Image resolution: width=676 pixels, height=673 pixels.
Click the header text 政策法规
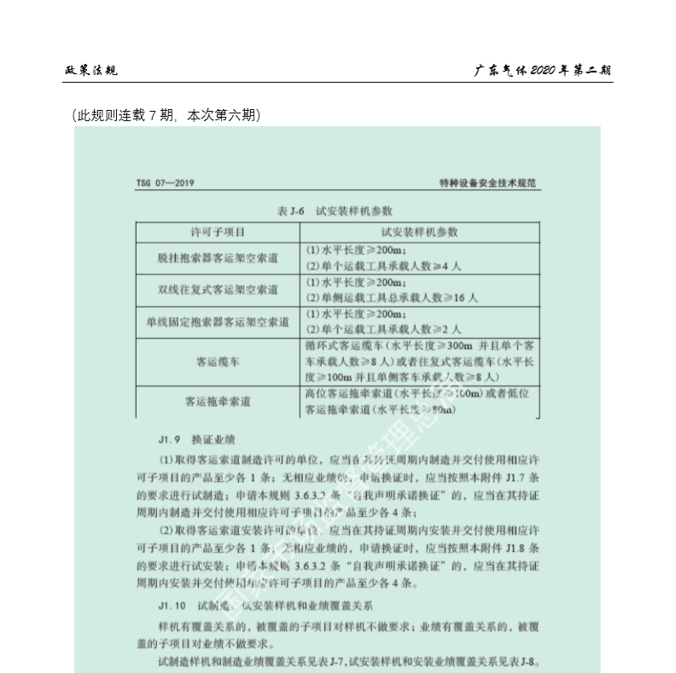point(91,70)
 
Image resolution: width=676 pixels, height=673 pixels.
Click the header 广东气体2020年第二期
point(543,70)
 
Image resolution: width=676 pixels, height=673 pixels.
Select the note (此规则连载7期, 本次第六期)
point(166,115)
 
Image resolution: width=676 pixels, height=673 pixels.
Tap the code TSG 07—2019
point(167,183)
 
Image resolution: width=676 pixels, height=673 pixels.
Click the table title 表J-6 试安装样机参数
point(335,210)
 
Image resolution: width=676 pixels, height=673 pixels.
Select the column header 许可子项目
point(218,231)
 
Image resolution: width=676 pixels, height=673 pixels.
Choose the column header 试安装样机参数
point(420,231)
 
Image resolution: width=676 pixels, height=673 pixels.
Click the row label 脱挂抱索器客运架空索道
point(218,258)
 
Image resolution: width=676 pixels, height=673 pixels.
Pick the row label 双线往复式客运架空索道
point(218,290)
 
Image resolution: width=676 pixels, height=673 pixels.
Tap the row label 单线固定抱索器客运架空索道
point(218,322)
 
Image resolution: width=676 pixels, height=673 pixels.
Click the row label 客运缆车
point(218,361)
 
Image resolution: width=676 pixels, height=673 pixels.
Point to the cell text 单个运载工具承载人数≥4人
point(384,266)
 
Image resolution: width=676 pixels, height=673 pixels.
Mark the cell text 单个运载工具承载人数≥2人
point(384,328)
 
